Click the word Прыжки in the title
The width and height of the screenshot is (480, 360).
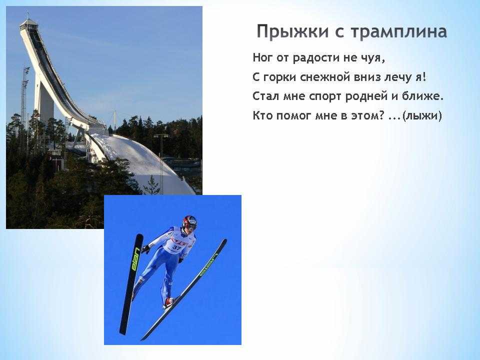(x=292, y=32)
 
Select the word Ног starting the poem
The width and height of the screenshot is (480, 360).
(x=263, y=57)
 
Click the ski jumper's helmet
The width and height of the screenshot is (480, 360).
(x=190, y=222)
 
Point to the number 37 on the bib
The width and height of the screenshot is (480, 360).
(x=177, y=246)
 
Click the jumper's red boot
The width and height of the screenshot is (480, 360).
(x=168, y=302)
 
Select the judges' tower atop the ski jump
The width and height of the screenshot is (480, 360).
(x=28, y=24)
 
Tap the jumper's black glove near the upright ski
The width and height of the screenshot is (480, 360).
(x=145, y=249)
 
